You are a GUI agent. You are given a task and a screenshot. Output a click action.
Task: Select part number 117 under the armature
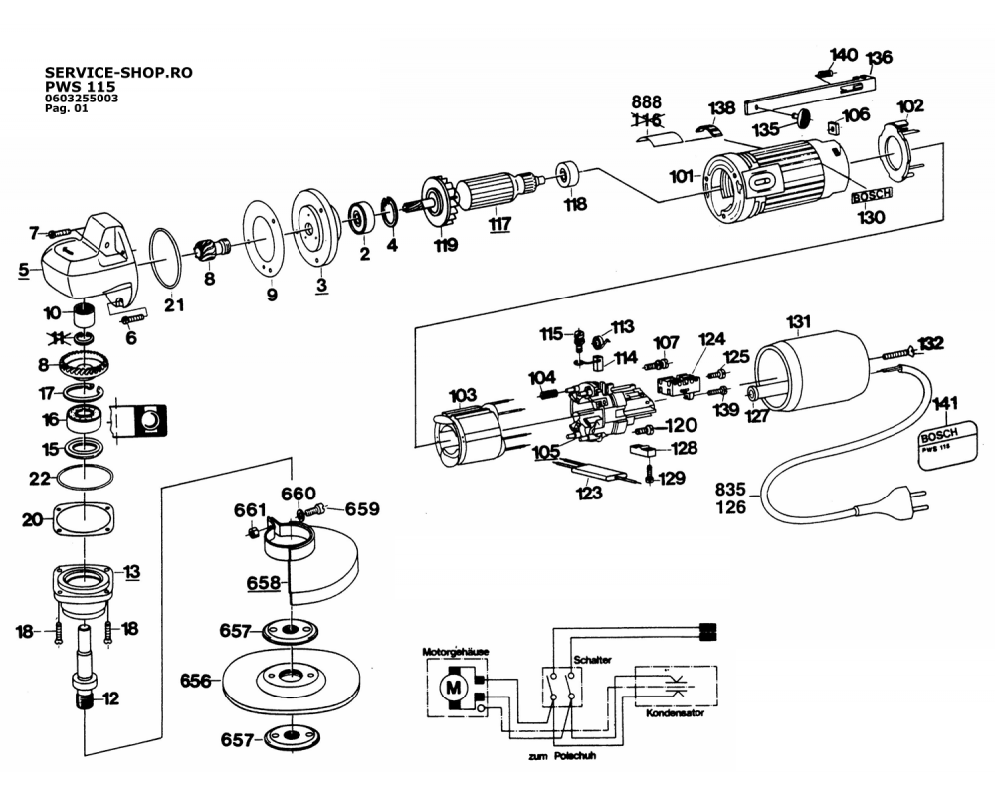pyautogui.click(x=499, y=224)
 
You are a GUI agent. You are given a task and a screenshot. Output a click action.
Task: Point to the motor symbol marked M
pyautogui.click(x=455, y=686)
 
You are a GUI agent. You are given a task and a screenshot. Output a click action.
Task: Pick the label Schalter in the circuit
pyautogui.click(x=592, y=660)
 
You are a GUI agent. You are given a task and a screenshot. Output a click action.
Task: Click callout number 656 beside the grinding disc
pyautogui.click(x=196, y=682)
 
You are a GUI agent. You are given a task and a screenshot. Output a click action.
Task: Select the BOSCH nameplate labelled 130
pyautogui.click(x=872, y=195)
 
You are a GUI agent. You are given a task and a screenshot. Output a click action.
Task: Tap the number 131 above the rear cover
pyautogui.click(x=799, y=321)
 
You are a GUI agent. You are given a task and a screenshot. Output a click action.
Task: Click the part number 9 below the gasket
pyautogui.click(x=272, y=295)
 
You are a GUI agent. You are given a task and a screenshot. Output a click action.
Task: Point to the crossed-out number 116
pyautogui.click(x=646, y=121)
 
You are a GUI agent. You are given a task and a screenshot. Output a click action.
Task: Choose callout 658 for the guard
pyautogui.click(x=264, y=583)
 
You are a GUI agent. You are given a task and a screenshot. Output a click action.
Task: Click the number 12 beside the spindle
pyautogui.click(x=110, y=698)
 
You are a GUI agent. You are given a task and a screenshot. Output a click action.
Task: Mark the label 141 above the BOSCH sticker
pyautogui.click(x=946, y=403)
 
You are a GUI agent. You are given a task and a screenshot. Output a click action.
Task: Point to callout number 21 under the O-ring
pyautogui.click(x=174, y=304)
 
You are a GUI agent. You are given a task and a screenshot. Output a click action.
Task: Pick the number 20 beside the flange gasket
pyautogui.click(x=32, y=520)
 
